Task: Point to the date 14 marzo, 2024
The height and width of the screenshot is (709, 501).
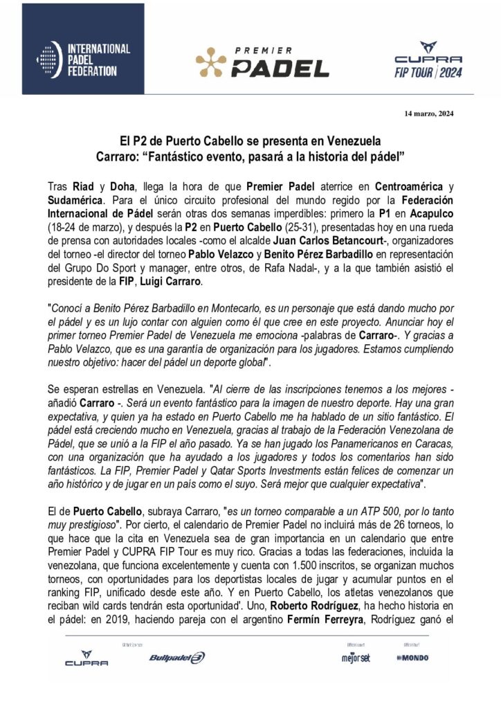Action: pos(428,114)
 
